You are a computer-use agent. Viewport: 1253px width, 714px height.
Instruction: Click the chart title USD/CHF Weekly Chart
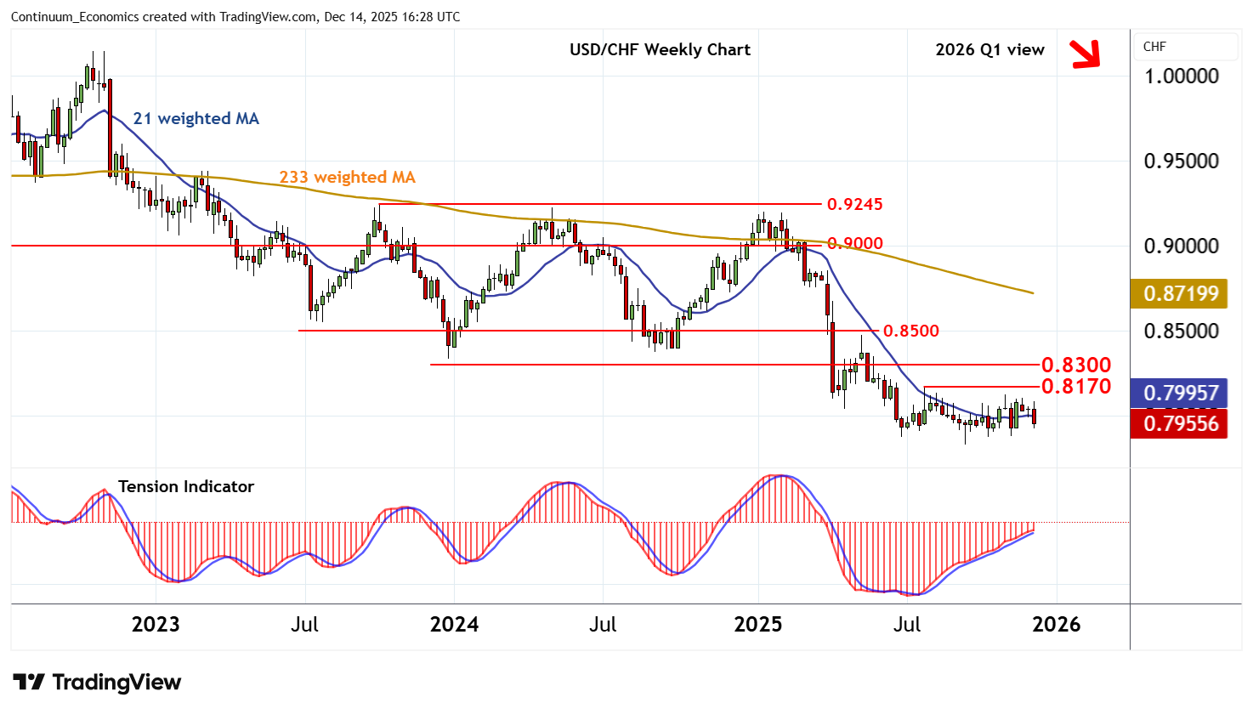point(660,50)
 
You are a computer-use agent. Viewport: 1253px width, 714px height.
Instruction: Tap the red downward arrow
point(1086,54)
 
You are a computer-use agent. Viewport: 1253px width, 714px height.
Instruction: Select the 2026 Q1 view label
point(989,50)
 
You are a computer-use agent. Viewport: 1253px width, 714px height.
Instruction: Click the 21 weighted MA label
point(196,119)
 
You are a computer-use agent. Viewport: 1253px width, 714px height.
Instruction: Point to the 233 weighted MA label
point(347,178)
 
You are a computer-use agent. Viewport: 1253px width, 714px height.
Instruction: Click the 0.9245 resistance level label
point(855,204)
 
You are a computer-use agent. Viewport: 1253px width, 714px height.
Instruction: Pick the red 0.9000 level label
point(855,243)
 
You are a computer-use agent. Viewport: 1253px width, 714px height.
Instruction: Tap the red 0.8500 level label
point(910,331)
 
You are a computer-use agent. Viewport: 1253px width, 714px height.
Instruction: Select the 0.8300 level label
point(1075,365)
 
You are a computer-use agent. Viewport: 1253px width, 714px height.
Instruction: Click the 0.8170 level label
point(1075,387)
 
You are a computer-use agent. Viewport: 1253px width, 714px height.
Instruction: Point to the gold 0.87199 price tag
point(1181,294)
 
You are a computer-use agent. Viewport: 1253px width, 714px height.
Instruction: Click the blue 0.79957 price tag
point(1181,394)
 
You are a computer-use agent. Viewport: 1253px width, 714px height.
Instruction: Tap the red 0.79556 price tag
point(1181,423)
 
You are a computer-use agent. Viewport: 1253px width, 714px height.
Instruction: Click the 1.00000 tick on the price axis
point(1181,76)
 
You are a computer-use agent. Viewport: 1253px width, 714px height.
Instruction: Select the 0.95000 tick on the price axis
point(1181,161)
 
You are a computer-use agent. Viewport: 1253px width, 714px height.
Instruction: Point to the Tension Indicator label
point(185,487)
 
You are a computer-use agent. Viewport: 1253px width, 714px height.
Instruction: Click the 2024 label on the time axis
point(454,625)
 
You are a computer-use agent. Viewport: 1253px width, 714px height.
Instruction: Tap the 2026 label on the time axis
point(1056,625)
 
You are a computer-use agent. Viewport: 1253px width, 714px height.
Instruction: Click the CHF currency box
point(1185,47)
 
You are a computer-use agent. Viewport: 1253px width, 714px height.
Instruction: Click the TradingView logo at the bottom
point(97,682)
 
